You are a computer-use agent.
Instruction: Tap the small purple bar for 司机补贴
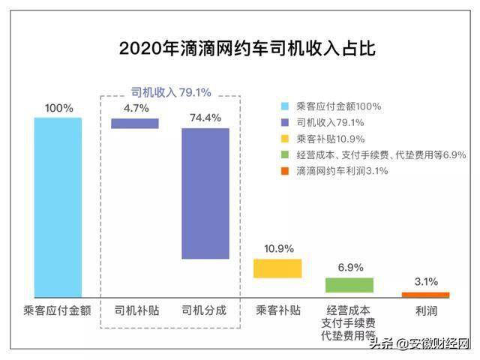coord(135,124)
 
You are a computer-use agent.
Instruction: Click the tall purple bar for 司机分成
coord(205,193)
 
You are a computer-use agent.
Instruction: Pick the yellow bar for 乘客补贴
coord(277,268)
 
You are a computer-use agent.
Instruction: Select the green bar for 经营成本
coord(349,285)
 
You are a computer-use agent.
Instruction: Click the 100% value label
coord(58,108)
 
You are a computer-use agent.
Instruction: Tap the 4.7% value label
coord(136,108)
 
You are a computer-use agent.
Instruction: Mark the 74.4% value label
coord(205,118)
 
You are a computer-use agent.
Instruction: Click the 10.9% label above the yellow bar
coord(278,248)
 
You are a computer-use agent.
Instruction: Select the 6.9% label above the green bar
coord(349,267)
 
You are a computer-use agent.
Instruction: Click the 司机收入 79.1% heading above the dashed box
coord(171,92)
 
